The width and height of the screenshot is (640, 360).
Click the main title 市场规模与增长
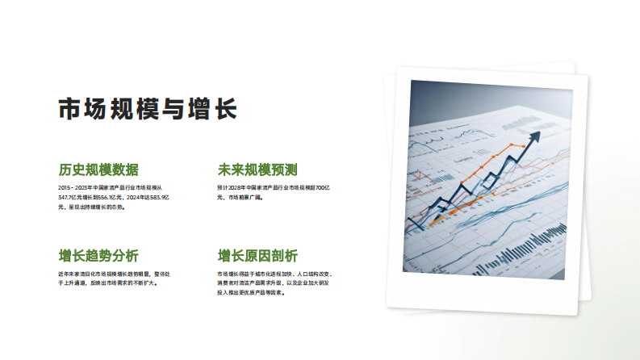[147, 108]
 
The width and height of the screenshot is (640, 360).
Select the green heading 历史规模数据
[98, 170]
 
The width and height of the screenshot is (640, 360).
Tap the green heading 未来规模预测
[257, 170]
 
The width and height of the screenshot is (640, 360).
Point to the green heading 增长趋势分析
[98, 256]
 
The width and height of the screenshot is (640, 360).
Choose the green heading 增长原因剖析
[257, 256]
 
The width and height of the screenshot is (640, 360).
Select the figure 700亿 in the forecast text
[324, 187]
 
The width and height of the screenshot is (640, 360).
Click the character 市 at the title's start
[68, 108]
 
